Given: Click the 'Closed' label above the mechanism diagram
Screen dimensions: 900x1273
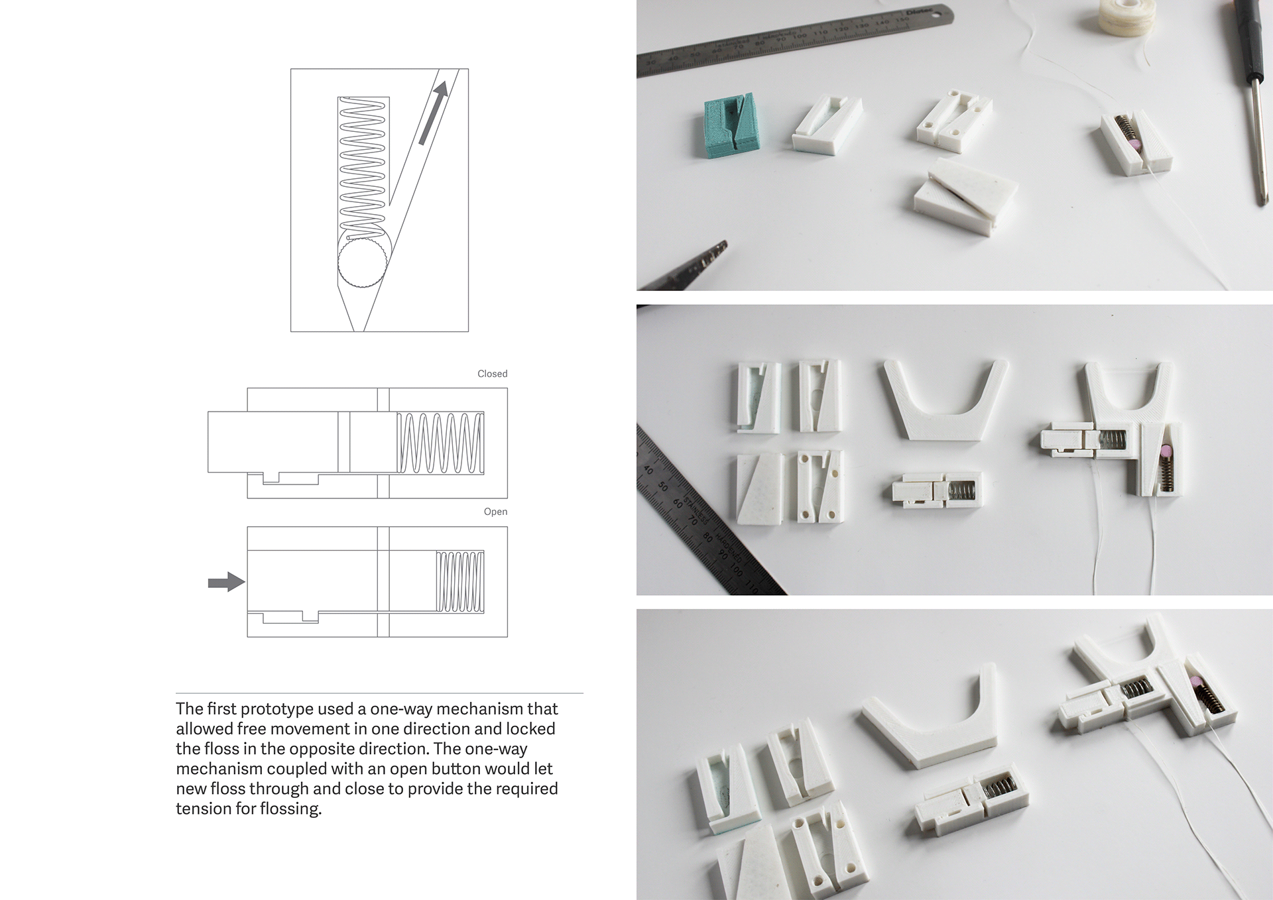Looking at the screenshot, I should pyautogui.click(x=492, y=374).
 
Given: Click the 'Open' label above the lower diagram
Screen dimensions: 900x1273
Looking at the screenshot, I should pyautogui.click(x=495, y=512).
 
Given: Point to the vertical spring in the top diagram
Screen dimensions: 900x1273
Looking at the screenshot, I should pyautogui.click(x=362, y=166).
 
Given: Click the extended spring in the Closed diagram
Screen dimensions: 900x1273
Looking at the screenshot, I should pyautogui.click(x=440, y=443).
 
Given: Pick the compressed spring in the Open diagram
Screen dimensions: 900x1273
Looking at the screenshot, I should pyautogui.click(x=459, y=581).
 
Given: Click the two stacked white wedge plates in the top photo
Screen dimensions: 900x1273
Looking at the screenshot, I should pyautogui.click(x=965, y=196).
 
